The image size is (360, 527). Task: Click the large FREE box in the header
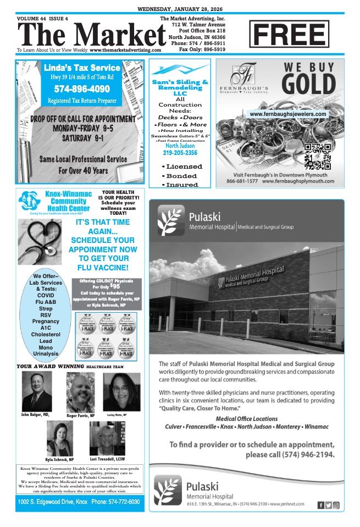289,35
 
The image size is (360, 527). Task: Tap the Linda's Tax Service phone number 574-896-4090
74,88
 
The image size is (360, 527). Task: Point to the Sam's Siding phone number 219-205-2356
180,153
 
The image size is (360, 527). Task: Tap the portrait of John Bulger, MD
37,392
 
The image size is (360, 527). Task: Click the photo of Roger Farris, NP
80,392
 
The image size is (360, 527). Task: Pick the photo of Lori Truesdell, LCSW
103,439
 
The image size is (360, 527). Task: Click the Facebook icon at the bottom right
320,504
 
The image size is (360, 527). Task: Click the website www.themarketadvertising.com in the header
125,49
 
